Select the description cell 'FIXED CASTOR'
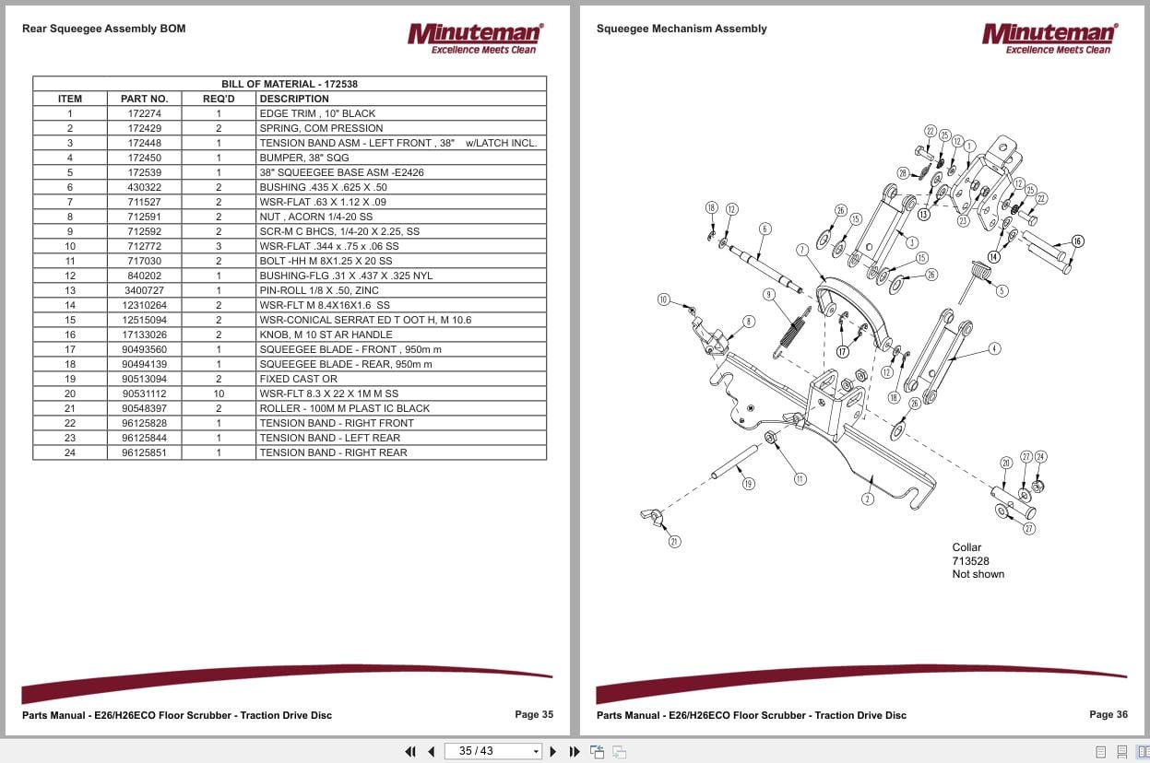click(x=298, y=379)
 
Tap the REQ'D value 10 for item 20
click(x=219, y=393)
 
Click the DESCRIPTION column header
click(x=294, y=99)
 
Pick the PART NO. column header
click(x=144, y=99)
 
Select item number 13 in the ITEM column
click(x=70, y=290)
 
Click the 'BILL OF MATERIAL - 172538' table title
click(x=290, y=84)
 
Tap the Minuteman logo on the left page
click(x=475, y=38)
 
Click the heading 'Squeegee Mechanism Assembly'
click(x=682, y=29)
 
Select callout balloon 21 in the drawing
click(x=674, y=542)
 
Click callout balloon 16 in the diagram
click(x=1077, y=241)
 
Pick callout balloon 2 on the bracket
click(x=867, y=499)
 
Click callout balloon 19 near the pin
click(x=748, y=484)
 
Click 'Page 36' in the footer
click(x=1108, y=714)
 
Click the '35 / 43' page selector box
click(x=492, y=751)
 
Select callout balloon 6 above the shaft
click(x=765, y=229)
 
